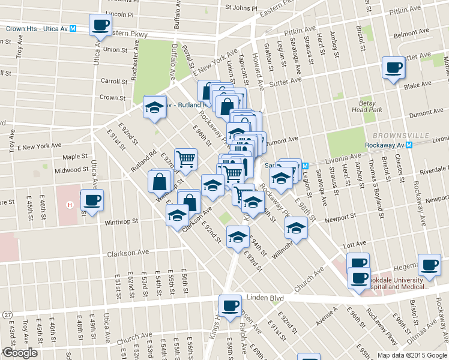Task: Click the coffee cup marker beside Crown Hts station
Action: point(100,26)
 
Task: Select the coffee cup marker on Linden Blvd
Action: point(230,306)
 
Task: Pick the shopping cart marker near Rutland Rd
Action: point(186,159)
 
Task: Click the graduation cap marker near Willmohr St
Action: point(295,227)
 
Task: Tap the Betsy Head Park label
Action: point(371,106)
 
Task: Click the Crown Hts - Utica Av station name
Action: point(33,28)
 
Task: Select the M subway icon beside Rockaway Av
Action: point(409,145)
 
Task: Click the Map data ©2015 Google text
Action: point(412,355)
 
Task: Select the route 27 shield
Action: point(6,314)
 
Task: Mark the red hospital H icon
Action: point(70,205)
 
